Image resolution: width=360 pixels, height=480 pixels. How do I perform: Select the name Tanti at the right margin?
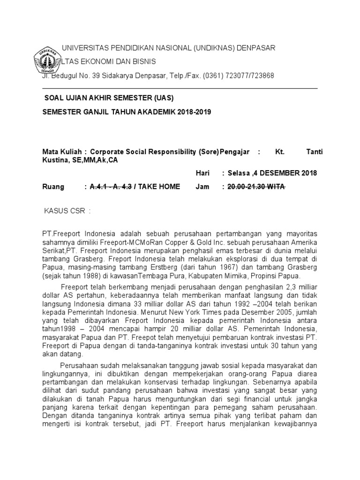pyautogui.click(x=314, y=152)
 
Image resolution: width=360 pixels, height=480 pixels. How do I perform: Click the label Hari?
pyautogui.click(x=202, y=173)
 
